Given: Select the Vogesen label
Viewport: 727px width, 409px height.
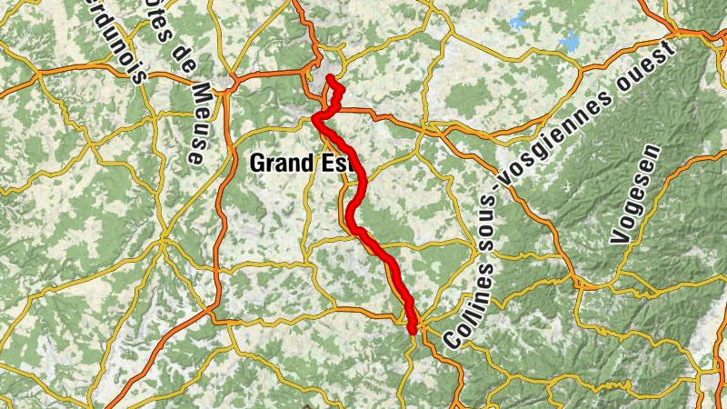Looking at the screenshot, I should coord(633,195).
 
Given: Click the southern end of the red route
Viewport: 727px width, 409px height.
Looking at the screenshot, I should coord(413,333).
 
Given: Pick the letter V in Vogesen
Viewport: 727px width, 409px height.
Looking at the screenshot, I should coord(620,239).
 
